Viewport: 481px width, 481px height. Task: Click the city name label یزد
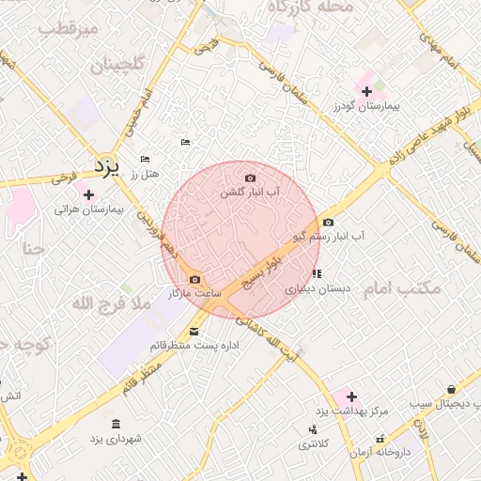click(108, 167)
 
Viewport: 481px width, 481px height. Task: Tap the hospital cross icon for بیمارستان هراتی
click(89, 194)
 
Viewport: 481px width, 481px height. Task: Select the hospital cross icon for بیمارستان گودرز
click(366, 90)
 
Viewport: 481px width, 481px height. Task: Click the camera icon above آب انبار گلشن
click(250, 178)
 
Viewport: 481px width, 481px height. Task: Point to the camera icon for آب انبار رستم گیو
click(328, 223)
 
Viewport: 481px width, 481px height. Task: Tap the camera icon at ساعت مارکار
click(194, 279)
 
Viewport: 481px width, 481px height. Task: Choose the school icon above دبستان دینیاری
click(317, 273)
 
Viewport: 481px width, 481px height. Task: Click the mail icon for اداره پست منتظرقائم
click(194, 331)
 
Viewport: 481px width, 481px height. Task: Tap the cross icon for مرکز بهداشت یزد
click(351, 396)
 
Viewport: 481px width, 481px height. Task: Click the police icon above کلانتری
click(313, 429)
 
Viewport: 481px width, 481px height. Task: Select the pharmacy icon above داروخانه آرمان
click(380, 438)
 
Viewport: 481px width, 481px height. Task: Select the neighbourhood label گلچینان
click(117, 65)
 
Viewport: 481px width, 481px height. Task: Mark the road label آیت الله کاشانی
click(268, 338)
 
